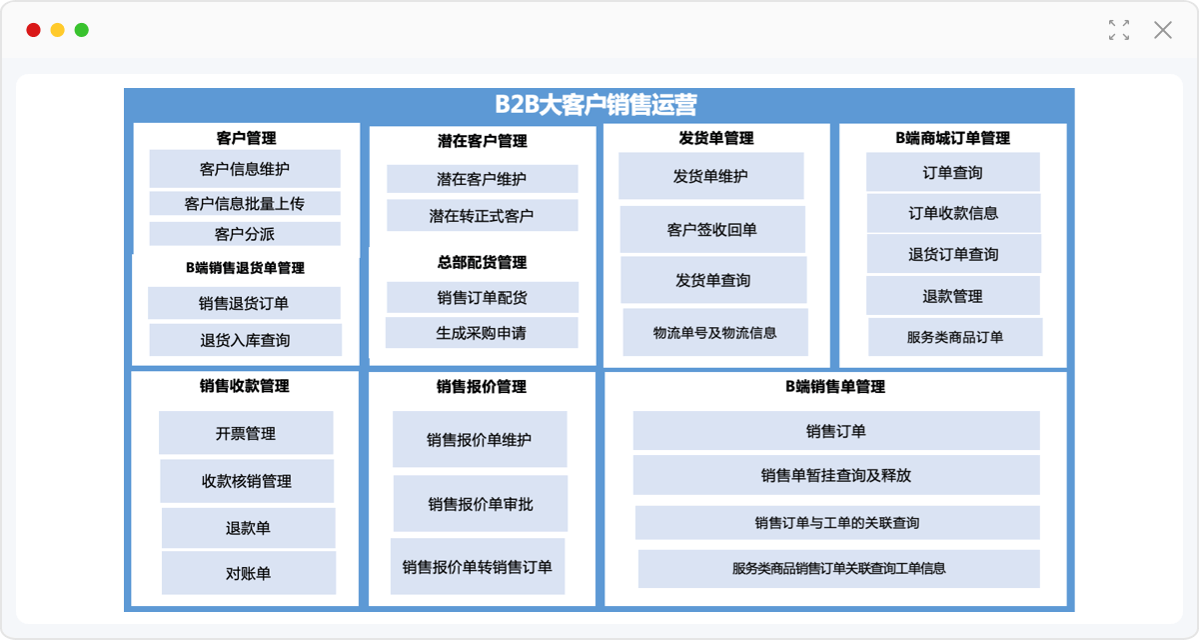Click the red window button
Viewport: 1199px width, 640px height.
tap(33, 30)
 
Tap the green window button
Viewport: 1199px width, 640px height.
tap(81, 30)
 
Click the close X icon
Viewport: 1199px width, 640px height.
tap(1163, 30)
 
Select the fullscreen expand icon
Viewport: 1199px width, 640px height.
tap(1119, 30)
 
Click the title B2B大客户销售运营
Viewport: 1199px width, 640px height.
tap(596, 104)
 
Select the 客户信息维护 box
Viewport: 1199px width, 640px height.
tap(245, 169)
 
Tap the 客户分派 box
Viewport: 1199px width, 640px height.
tap(245, 234)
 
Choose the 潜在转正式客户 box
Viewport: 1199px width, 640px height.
tap(482, 215)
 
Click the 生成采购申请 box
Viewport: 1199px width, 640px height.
tap(482, 333)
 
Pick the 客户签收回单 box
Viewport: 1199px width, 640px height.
tap(712, 229)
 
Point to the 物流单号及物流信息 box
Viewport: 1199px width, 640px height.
tap(715, 333)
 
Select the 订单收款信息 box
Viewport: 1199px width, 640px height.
tap(954, 213)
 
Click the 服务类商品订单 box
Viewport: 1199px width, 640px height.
tap(955, 337)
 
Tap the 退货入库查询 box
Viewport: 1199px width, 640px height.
tap(245, 340)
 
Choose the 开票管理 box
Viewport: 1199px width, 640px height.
tap(246, 433)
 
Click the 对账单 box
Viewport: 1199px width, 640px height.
tap(249, 573)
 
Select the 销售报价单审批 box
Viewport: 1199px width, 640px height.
tap(481, 503)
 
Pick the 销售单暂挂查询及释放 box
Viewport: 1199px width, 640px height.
tap(836, 475)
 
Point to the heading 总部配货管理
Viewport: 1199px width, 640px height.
tap(483, 262)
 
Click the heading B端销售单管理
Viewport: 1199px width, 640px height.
tap(835, 387)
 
